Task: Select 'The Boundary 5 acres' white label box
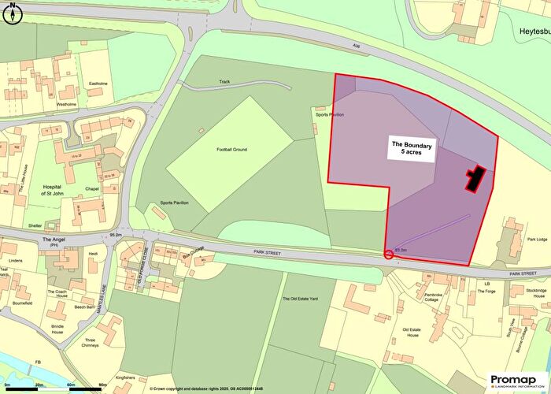coord(411,149)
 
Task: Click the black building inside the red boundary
coord(475,179)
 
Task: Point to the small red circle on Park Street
coord(388,254)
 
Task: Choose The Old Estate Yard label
coord(300,299)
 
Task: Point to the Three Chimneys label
coord(90,344)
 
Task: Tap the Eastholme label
coord(98,83)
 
